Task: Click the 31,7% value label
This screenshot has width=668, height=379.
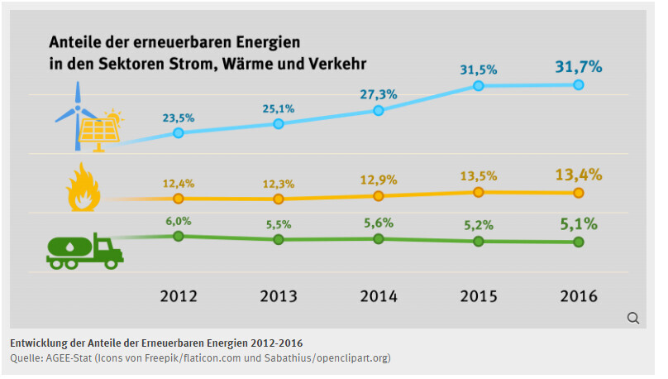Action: [578, 65]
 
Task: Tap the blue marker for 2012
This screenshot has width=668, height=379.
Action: [178, 132]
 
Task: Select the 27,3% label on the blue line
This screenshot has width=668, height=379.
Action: [378, 94]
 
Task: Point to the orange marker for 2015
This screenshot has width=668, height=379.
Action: [478, 192]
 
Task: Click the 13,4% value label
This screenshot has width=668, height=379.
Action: [578, 175]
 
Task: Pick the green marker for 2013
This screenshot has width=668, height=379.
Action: [278, 239]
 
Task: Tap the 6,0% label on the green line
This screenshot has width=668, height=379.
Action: [178, 221]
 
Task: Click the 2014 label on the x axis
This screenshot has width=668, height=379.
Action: [378, 296]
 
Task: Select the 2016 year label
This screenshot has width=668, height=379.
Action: [578, 296]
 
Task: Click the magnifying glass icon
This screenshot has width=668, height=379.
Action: [633, 318]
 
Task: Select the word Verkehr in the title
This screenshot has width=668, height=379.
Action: [336, 63]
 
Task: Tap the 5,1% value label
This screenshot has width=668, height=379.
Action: [578, 223]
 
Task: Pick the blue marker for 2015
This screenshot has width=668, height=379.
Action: [478, 85]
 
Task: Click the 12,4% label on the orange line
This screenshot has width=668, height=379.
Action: [178, 181]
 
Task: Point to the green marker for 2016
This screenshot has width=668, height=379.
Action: [578, 242]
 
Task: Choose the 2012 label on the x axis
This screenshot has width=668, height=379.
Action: [178, 296]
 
